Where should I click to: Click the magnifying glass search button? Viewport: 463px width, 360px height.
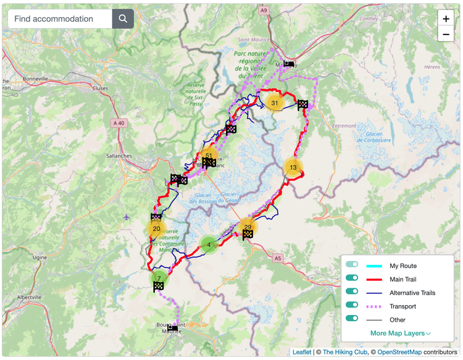click(123, 19)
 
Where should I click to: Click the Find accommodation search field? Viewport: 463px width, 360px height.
click(60, 19)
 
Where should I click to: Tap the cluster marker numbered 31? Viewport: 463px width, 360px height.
click(275, 103)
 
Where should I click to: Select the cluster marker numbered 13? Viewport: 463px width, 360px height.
click(293, 167)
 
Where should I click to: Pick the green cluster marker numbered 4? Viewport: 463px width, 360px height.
click(209, 245)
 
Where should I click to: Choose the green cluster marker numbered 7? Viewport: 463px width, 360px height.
click(159, 278)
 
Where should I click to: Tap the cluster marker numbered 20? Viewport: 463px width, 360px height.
click(156, 228)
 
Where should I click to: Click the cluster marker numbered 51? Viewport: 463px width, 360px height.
click(209, 156)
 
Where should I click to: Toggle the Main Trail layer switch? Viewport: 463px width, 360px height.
click(352, 278)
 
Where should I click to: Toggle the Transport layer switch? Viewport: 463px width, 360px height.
click(352, 305)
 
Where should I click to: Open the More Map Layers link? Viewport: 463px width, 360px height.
click(400, 333)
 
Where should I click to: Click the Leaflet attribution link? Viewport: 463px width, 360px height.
click(302, 352)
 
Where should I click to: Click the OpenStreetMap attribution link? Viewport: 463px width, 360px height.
click(400, 352)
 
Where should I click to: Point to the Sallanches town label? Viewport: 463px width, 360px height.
click(119, 156)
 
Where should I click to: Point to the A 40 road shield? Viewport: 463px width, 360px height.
click(119, 123)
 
